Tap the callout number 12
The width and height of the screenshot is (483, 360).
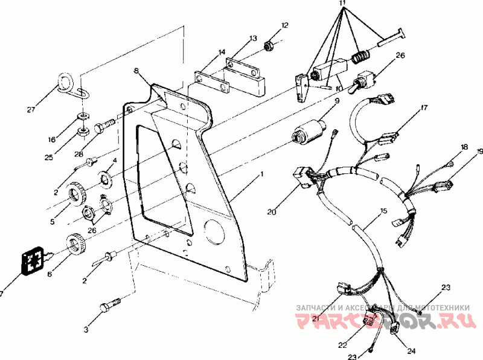tap(285, 25)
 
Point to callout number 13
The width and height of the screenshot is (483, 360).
tap(252, 38)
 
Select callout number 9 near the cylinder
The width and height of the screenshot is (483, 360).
tap(337, 101)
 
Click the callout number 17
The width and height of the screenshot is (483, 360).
tap(424, 108)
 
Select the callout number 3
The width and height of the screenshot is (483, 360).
tap(86, 330)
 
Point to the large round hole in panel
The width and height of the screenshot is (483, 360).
tap(213, 230)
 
